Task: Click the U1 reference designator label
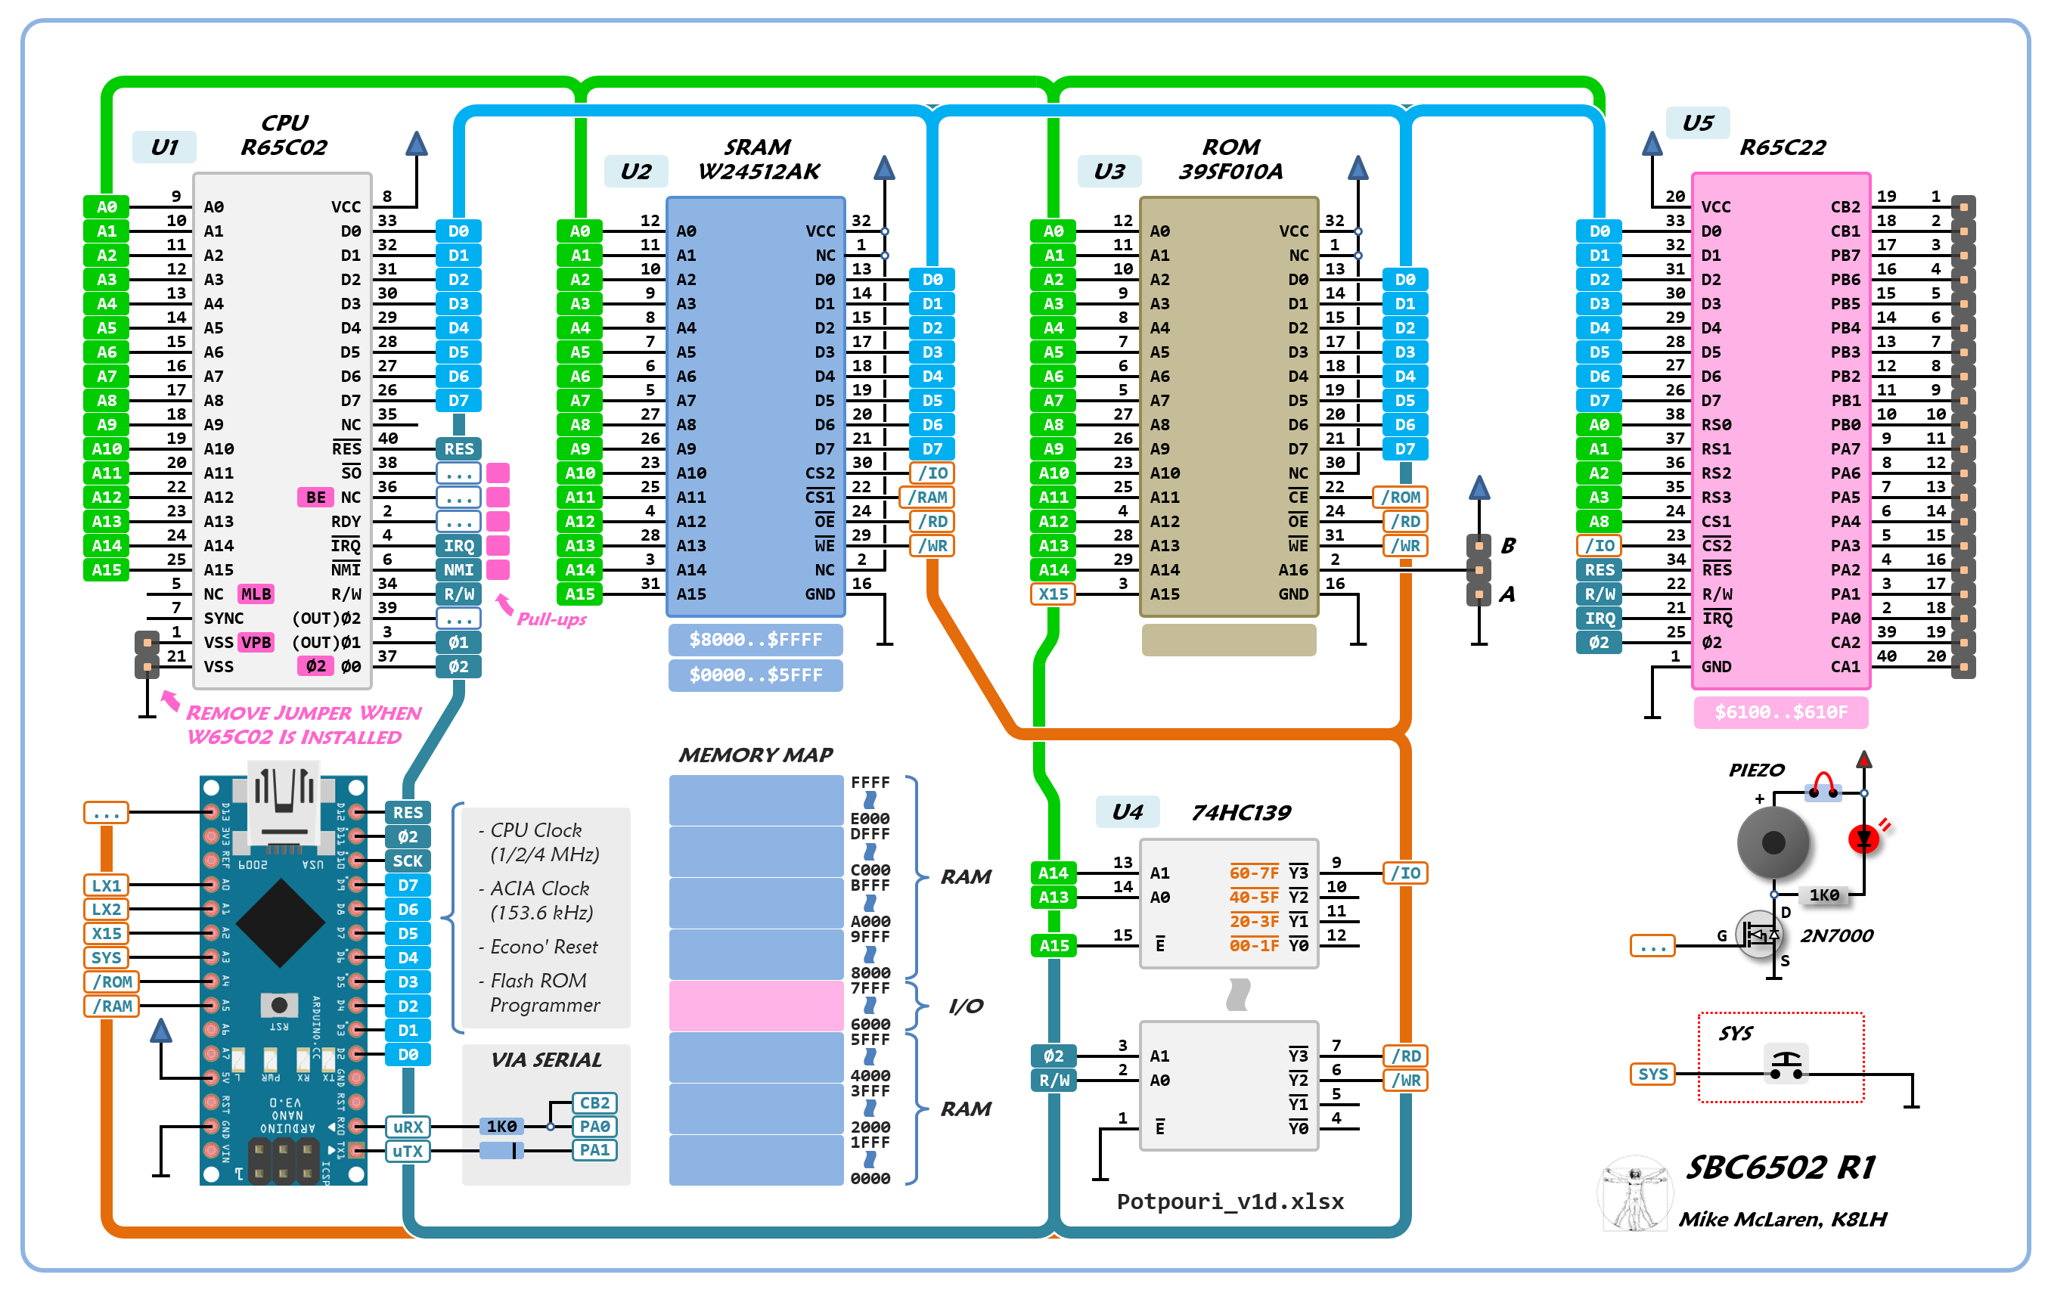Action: pyautogui.click(x=164, y=147)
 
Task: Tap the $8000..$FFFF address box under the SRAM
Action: pyautogui.click(x=756, y=640)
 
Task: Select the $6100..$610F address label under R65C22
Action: pyautogui.click(x=1780, y=712)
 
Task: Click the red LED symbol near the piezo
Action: pyautogui.click(x=1863, y=839)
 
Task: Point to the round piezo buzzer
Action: pyautogui.click(x=1773, y=842)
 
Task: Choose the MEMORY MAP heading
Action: pyautogui.click(x=756, y=755)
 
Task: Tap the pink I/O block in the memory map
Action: pyautogui.click(x=756, y=1005)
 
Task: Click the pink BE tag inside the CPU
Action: pyautogui.click(x=315, y=498)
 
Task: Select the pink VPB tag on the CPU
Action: pyautogui.click(x=256, y=642)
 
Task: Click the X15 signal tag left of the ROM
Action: pyautogui.click(x=1053, y=594)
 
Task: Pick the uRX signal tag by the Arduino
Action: pyautogui.click(x=408, y=1127)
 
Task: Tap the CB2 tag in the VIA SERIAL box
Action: pyautogui.click(x=594, y=1103)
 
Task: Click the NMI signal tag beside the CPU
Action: pyautogui.click(x=458, y=569)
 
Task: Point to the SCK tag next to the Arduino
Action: pyautogui.click(x=408, y=861)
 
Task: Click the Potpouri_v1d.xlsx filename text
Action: pyautogui.click(x=1230, y=1201)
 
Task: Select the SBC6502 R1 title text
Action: pyautogui.click(x=1780, y=1167)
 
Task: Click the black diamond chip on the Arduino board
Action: pyautogui.click(x=280, y=923)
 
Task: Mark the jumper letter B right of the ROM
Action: pyautogui.click(x=1508, y=545)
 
